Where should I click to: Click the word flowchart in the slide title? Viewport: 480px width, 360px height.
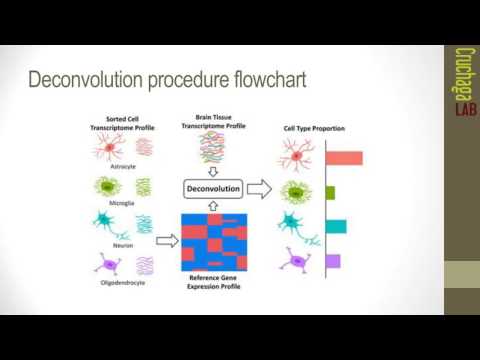258,78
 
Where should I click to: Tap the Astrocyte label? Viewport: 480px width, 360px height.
124,167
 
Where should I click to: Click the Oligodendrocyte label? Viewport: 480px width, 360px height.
124,283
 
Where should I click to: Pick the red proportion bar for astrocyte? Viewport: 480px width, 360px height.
343,157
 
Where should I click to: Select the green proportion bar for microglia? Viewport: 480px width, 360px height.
331,192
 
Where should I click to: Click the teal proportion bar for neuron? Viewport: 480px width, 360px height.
336,226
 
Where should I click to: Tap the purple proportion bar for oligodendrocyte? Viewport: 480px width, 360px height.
333,261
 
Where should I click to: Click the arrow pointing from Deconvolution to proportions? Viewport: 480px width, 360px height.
260,187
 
